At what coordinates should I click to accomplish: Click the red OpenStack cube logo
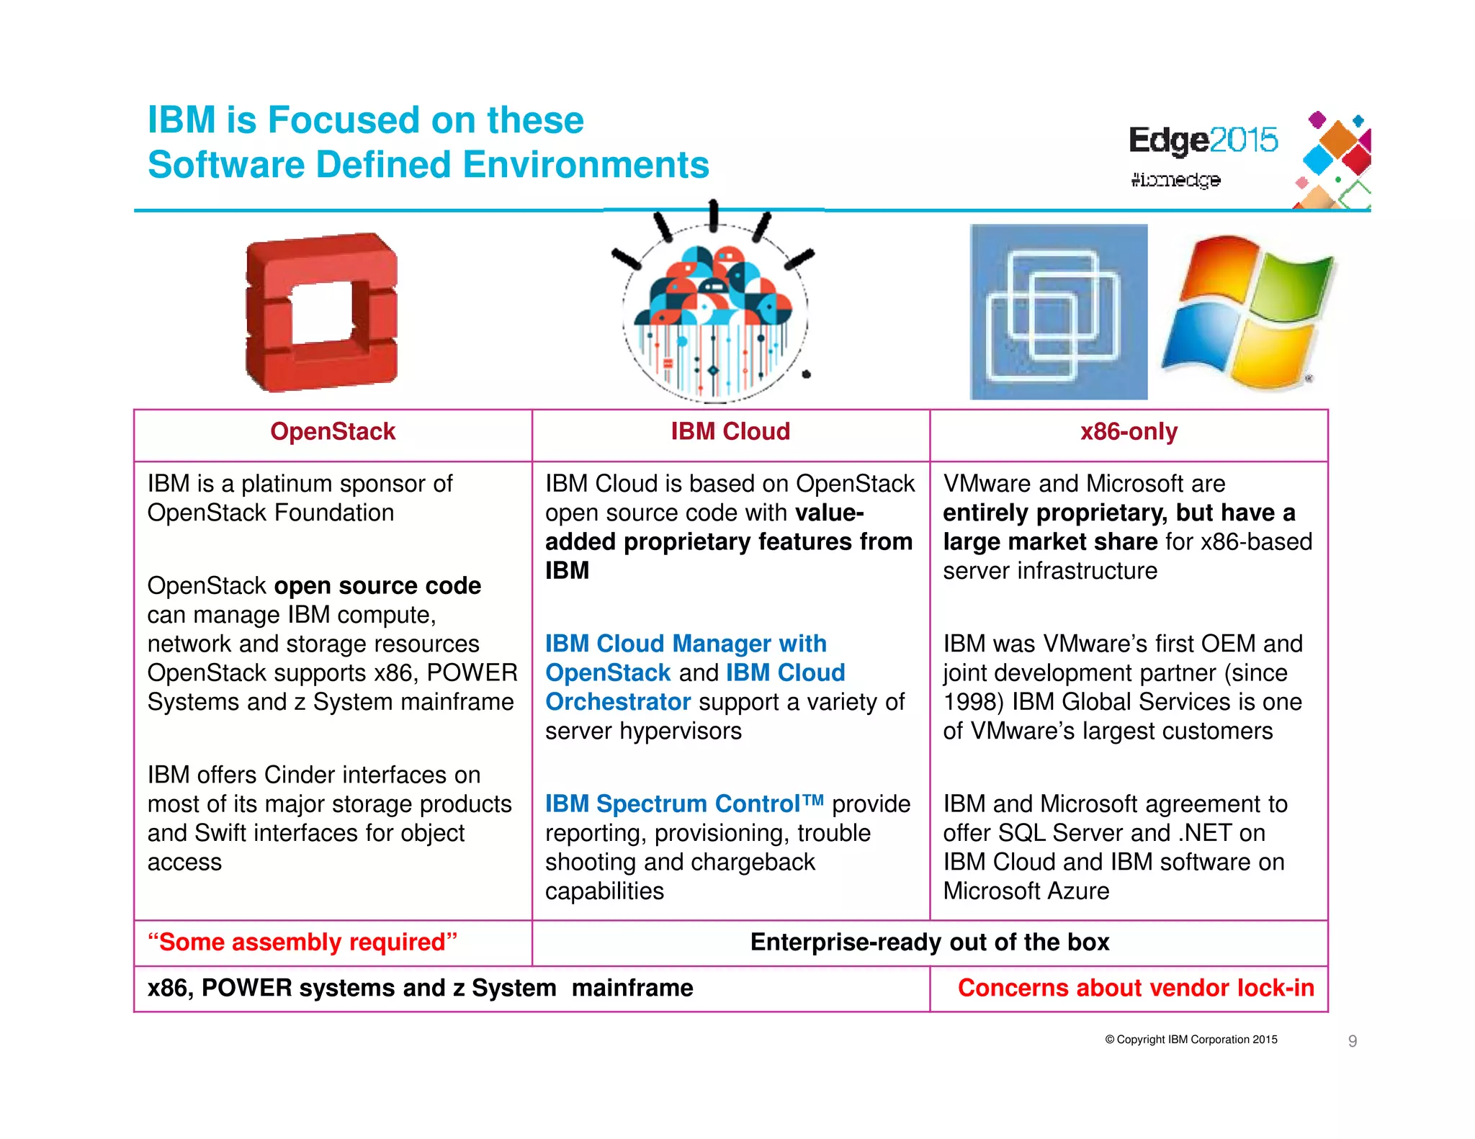coord(321,312)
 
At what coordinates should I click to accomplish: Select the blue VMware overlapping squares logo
coord(1058,312)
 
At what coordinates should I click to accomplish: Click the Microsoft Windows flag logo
coord(1249,311)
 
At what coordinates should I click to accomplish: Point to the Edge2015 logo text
coord(1202,140)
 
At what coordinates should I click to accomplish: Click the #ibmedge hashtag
coord(1175,179)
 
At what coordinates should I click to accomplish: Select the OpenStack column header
coord(333,431)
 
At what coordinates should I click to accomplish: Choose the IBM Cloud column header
coord(730,431)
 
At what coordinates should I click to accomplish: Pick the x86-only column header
coord(1129,431)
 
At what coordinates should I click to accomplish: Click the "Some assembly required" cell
coord(302,942)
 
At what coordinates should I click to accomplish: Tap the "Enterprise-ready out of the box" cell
coord(929,942)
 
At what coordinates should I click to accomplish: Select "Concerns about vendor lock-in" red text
coord(1135,988)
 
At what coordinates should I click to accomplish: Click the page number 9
coord(1352,1040)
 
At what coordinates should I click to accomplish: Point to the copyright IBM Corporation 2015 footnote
coord(1191,1039)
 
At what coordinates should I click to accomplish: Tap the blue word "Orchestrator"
coord(618,701)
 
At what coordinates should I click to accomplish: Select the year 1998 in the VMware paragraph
coord(972,701)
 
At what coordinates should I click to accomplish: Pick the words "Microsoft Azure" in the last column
coord(1026,891)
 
